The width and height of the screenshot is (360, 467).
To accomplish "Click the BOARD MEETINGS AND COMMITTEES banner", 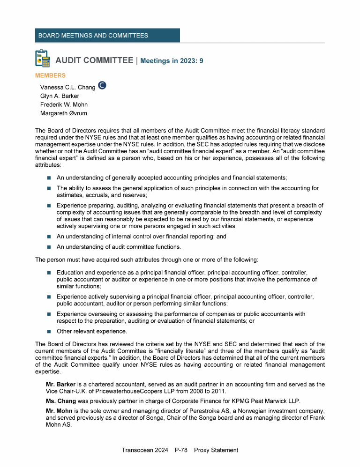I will coord(107,36).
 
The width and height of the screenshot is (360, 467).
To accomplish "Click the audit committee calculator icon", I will coord(43,58).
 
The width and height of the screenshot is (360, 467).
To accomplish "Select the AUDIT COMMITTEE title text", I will coord(94,60).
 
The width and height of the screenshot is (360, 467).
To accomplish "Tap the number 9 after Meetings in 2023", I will coord(201,61).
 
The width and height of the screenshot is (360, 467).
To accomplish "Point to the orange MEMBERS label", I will coord(50,75).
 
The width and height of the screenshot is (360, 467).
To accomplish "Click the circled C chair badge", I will coord(102,85).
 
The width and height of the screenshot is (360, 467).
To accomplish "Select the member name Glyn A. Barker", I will coord(60,96).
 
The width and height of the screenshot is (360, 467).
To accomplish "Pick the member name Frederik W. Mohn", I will coord(64,104).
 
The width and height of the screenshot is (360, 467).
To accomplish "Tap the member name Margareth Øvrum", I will coord(63,113).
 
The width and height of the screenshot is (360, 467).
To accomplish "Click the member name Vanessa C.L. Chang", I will coord(67,88).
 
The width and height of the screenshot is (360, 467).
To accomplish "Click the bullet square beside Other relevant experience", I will coord(49,331).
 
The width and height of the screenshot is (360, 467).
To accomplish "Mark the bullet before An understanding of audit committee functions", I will coord(49,247).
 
